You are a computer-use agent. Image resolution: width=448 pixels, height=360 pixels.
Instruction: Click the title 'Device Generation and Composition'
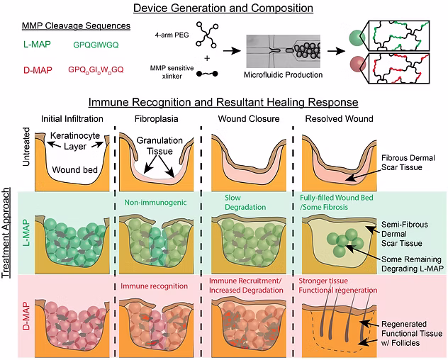(223, 8)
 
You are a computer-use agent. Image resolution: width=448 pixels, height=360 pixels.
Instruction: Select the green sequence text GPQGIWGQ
(96, 45)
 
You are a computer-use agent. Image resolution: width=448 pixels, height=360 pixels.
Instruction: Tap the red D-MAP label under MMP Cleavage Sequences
(38, 70)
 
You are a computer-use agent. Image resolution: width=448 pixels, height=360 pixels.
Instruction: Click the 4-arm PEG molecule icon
(207, 35)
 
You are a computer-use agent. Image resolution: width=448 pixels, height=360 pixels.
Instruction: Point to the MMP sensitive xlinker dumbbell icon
(207, 74)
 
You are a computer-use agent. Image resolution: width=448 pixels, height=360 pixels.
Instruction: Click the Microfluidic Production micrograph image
(283, 52)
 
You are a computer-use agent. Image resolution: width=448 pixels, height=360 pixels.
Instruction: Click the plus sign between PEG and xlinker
(207, 58)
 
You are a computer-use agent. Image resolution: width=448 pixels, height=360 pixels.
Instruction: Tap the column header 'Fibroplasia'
(156, 118)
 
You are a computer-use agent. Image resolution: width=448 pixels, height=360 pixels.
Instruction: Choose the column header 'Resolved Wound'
(339, 118)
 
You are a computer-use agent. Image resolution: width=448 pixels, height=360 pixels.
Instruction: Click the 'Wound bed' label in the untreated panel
(75, 169)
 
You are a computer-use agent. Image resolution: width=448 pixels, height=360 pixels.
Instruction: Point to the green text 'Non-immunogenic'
(155, 203)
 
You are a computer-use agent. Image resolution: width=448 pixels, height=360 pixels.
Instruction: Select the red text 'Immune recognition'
(154, 286)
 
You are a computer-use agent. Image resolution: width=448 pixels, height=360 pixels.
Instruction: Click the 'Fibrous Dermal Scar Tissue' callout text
(408, 162)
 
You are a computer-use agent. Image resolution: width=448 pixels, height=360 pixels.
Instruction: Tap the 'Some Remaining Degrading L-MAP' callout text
(413, 264)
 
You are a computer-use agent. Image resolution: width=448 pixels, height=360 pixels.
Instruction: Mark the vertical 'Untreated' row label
(26, 147)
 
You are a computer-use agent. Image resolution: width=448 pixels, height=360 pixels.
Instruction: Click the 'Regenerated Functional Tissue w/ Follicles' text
(412, 334)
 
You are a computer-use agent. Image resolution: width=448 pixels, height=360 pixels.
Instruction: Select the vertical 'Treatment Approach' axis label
(6, 233)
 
